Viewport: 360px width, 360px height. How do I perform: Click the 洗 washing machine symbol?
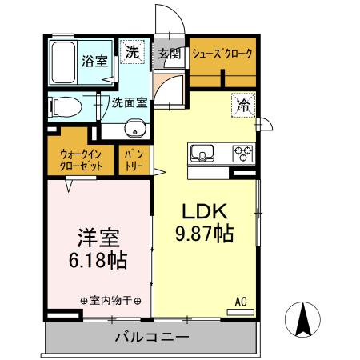pos(132,52)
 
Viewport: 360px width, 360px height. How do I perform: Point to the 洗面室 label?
pos(128,102)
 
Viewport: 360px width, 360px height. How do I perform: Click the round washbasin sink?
pos(134,130)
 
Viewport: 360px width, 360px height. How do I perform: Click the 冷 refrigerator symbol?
pos(242,104)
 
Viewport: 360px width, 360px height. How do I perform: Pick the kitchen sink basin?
pos(201,151)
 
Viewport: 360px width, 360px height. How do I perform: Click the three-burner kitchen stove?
pos(242,151)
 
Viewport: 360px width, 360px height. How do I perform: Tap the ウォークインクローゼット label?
pos(80,160)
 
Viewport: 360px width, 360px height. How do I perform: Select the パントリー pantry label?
pos(132,161)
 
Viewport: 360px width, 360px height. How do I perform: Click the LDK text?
pos(205,213)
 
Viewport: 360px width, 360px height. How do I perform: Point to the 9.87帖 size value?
pos(205,234)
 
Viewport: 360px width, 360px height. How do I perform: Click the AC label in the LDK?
pos(239,301)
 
